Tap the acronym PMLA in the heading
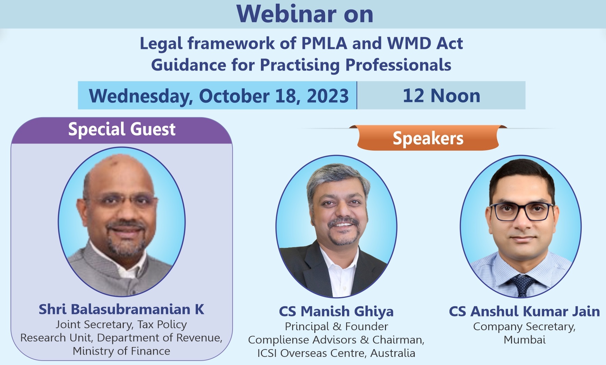click(324, 43)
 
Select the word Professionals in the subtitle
click(398, 65)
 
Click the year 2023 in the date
click(328, 96)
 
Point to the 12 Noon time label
click(441, 96)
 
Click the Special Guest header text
click(122, 130)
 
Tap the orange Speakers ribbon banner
click(428, 138)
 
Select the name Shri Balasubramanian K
click(121, 309)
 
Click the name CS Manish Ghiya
click(336, 312)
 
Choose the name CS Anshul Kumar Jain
click(524, 311)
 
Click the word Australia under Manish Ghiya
click(393, 353)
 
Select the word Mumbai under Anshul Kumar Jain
click(525, 340)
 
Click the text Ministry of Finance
click(121, 351)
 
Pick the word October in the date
click(234, 96)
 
